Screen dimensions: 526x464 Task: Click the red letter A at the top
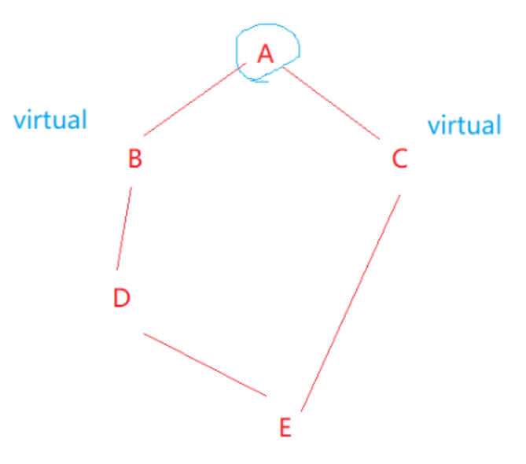[265, 53]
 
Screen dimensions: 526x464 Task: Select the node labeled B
[134, 160]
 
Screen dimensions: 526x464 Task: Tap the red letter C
[399, 160]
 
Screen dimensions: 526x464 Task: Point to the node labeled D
[121, 298]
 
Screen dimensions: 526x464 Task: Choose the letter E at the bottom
[285, 428]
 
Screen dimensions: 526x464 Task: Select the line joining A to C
[332, 105]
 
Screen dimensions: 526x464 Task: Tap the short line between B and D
[124, 229]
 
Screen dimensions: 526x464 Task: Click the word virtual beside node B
[50, 120]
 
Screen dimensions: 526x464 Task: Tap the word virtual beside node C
[464, 125]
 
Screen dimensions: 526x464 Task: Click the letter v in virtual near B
[19, 121]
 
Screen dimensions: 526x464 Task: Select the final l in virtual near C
[498, 124]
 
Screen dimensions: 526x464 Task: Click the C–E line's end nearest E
[302, 410]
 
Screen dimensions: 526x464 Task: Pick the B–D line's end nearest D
[117, 269]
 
